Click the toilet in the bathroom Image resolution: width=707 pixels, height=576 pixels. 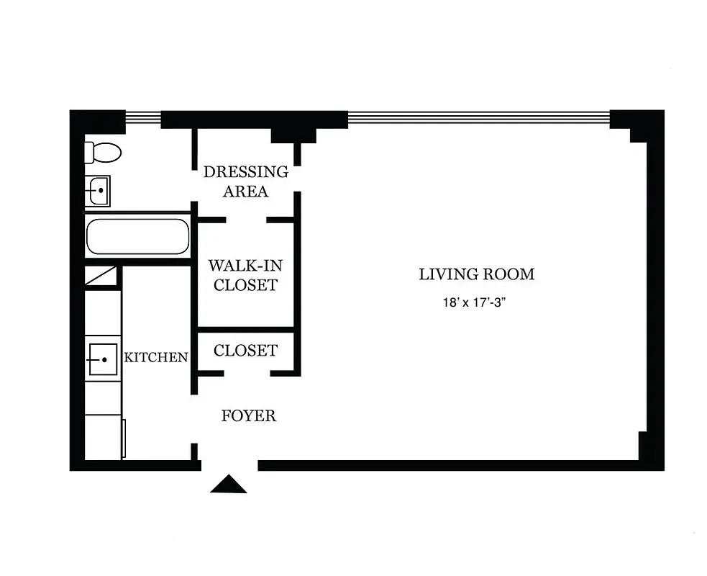point(103,153)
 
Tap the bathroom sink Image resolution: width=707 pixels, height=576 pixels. point(98,192)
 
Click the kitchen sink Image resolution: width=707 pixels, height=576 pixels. point(102,359)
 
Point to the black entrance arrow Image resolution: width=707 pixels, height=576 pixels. point(228,485)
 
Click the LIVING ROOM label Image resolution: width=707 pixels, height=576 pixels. point(476,274)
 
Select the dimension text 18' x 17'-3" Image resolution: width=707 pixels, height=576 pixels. point(476,303)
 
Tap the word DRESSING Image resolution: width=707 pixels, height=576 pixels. point(245,172)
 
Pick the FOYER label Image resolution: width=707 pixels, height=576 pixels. point(248,416)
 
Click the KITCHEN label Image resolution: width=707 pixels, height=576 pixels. point(156,357)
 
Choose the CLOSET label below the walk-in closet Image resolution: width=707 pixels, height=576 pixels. point(245,351)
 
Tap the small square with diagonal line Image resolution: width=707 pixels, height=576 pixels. point(100,276)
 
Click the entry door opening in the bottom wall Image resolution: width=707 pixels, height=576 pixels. point(228,466)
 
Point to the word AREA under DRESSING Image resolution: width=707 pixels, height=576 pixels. point(245,192)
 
